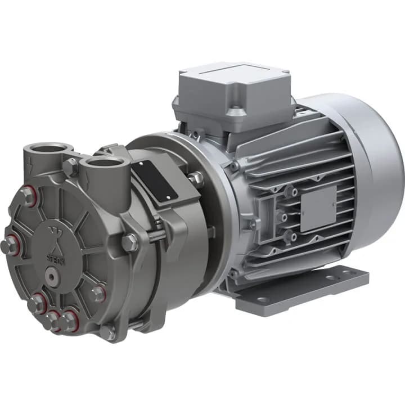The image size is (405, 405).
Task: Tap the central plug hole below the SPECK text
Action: coord(52,276)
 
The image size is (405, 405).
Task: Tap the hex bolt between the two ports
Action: coord(70,166)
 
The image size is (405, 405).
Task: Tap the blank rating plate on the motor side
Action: coord(318,208)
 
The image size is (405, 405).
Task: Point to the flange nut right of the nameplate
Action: coord(195,179)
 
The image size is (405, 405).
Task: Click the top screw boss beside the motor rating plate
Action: coord(291,192)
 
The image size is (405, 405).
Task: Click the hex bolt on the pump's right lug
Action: coord(129,242)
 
